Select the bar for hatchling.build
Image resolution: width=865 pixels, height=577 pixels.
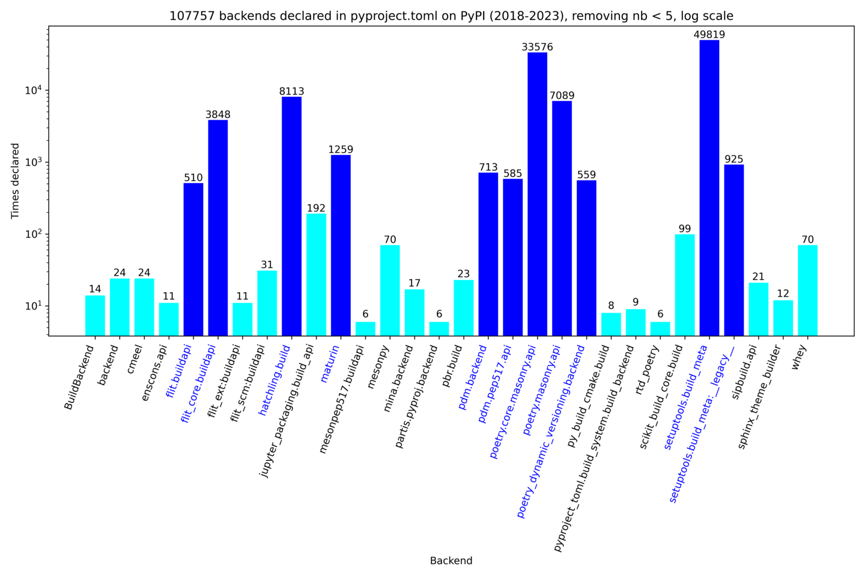pos(291,216)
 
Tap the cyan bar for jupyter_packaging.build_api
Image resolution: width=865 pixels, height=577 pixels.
pos(316,274)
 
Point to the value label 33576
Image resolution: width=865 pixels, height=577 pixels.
pos(537,47)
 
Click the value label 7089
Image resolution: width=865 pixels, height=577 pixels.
pos(562,96)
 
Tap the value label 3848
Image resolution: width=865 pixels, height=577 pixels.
pos(217,114)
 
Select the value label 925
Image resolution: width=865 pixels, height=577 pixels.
pos(733,159)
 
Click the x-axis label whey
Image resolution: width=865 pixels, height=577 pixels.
pos(800,357)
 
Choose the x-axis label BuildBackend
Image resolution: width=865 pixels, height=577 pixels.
pos(80,377)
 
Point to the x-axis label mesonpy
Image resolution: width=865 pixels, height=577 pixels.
pos(379,366)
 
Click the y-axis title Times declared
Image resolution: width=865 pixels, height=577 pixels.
pos(16,180)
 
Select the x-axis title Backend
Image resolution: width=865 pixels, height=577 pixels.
pos(451,561)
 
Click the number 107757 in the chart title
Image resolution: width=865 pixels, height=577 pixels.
pos(192,16)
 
